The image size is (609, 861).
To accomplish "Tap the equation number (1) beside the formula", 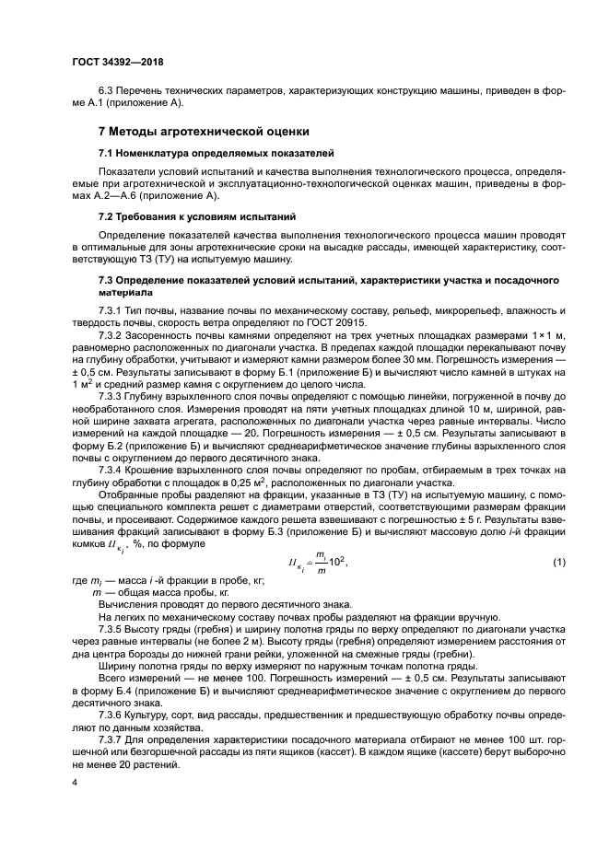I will [558, 563].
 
